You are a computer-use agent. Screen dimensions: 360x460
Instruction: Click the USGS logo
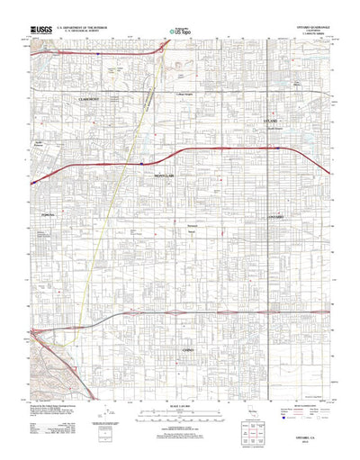[40, 31]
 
